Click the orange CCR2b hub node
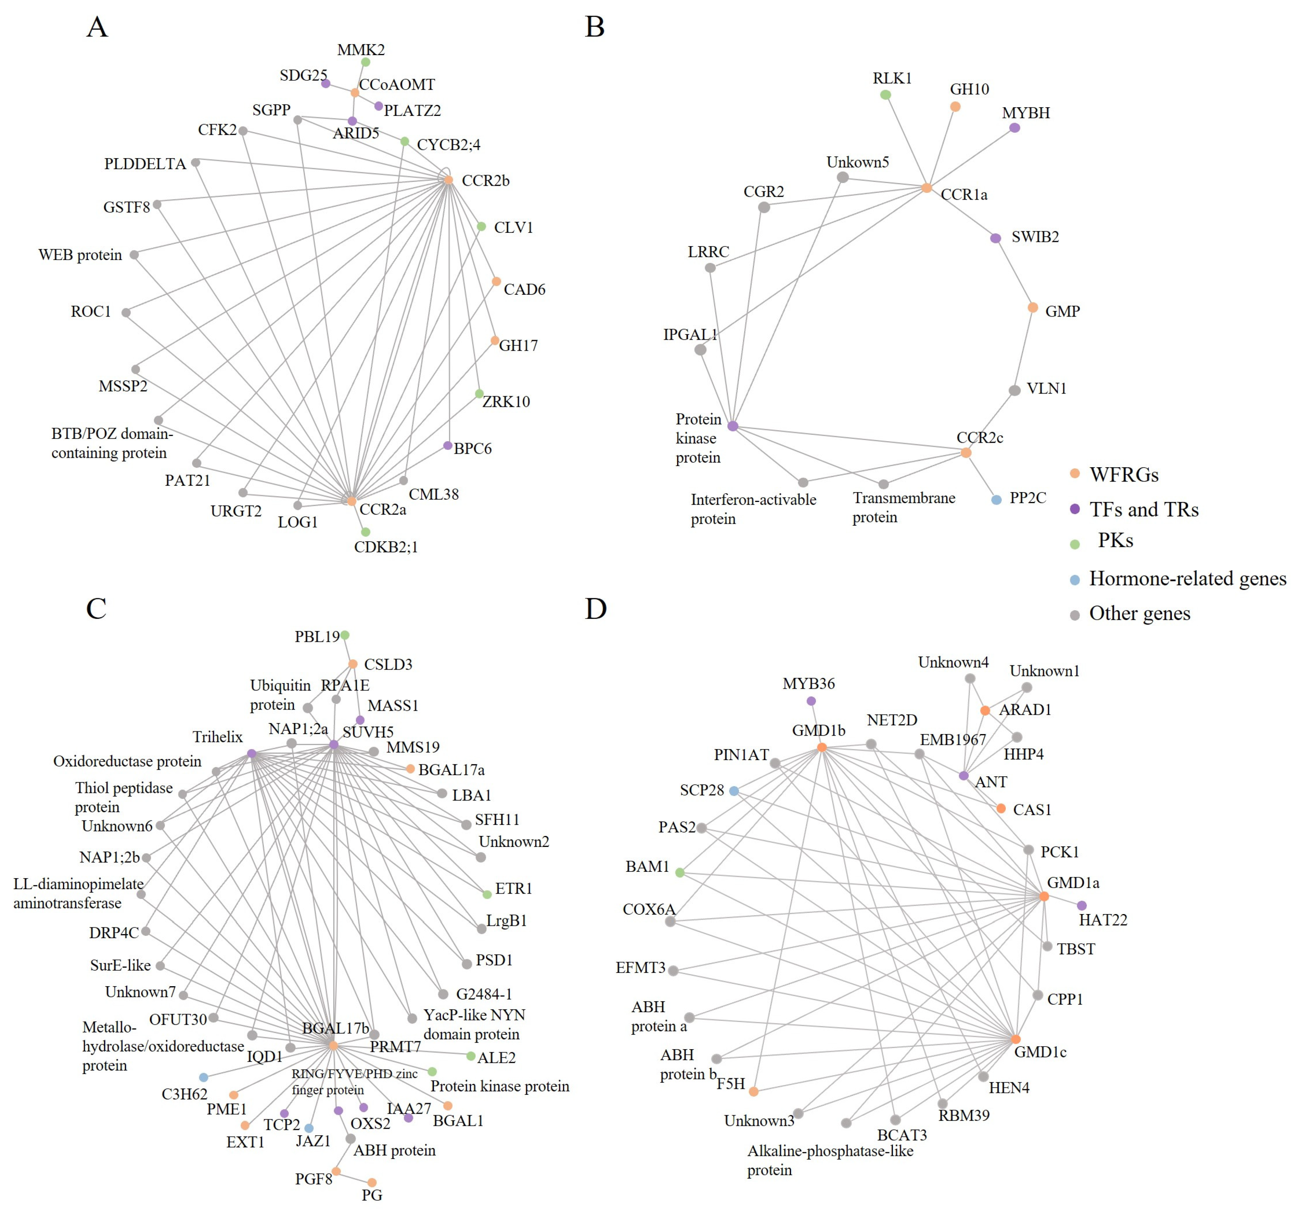(x=448, y=180)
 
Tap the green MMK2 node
(x=366, y=62)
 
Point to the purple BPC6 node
(x=448, y=445)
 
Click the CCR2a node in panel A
(x=351, y=501)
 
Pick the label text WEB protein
(x=80, y=255)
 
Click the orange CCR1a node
(x=927, y=188)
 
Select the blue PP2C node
(x=996, y=500)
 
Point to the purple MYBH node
(x=1014, y=128)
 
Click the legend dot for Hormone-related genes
(x=1075, y=580)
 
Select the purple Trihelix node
(x=252, y=754)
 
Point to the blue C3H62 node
(x=203, y=1077)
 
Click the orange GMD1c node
(x=1016, y=1039)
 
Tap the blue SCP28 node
(x=734, y=791)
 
